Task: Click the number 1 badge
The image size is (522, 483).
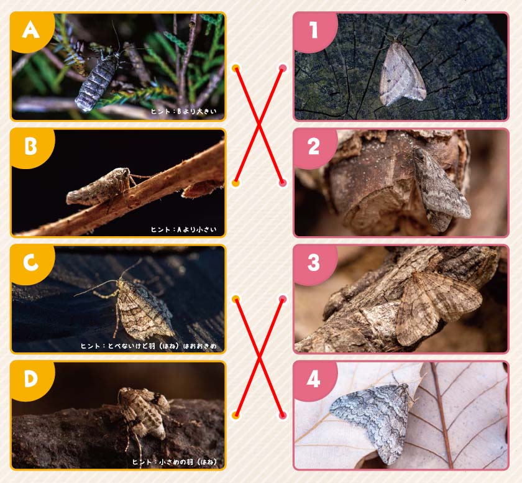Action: (314, 31)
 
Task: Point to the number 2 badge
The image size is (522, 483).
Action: (314, 147)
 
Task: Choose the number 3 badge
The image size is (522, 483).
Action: (314, 264)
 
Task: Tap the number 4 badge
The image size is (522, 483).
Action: (314, 380)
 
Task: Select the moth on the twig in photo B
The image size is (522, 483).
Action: (100, 187)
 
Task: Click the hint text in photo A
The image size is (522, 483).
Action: (184, 111)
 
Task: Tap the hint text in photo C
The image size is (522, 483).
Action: (149, 346)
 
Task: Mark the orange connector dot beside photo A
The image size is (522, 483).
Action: (236, 68)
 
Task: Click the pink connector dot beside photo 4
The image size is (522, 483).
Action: (283, 415)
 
